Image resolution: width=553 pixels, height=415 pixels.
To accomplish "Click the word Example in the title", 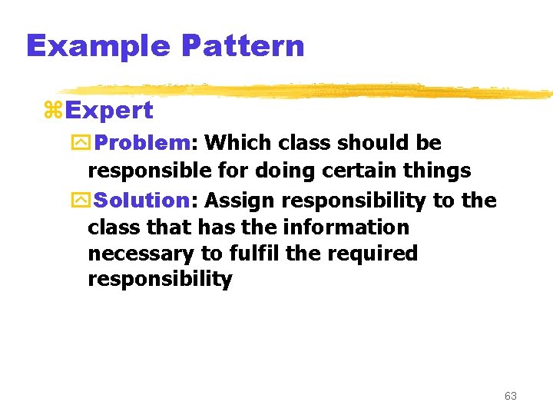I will click(98, 46).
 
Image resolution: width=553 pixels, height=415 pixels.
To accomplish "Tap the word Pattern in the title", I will click(243, 46).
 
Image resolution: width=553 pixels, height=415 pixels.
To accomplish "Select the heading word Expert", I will click(109, 111).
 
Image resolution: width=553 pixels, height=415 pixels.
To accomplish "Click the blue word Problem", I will click(144, 143).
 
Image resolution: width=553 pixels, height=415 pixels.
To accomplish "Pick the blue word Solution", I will click(144, 201).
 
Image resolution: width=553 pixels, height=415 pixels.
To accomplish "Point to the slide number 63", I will click(511, 396).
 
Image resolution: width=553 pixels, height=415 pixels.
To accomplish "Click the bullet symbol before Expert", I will click(53, 111).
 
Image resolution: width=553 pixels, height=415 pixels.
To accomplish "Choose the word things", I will click(440, 171).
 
